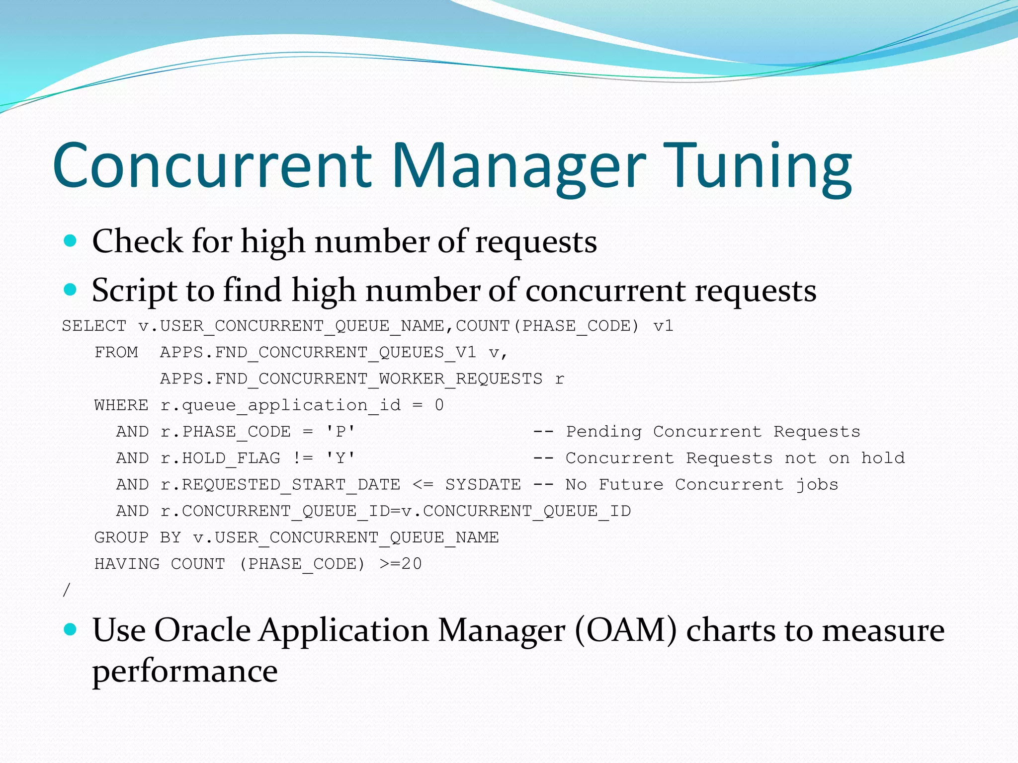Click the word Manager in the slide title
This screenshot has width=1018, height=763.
coord(519,166)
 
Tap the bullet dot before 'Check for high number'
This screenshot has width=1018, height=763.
coord(71,241)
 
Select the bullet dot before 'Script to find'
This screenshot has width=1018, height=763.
coord(71,290)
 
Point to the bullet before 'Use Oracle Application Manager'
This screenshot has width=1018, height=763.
coord(71,629)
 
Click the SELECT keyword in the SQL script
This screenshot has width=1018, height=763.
coord(94,326)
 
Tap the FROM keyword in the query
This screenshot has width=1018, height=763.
coord(116,352)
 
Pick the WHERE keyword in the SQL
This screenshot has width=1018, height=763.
coord(121,405)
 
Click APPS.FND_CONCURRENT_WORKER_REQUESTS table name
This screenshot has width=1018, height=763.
coord(351,379)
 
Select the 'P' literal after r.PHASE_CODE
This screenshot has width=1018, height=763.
coord(340,432)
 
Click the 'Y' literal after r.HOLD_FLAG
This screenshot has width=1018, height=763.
coord(340,458)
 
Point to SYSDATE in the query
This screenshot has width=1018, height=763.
coord(483,484)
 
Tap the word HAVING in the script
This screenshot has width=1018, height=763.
coord(127,564)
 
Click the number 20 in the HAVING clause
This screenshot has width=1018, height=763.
coord(412,564)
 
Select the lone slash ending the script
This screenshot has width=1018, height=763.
coord(67,590)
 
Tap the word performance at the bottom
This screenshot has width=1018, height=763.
coord(185,672)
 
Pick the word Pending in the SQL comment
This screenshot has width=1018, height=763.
coord(603,432)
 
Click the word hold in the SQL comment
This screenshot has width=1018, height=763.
coord(883,458)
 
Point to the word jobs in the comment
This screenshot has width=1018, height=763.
coord(817,484)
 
